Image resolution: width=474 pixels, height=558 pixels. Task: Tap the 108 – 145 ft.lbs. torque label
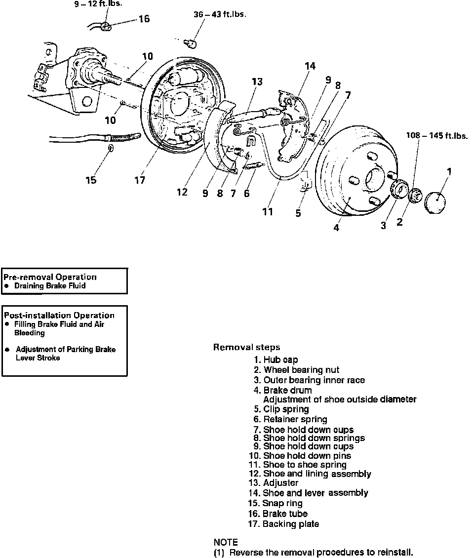point(437,136)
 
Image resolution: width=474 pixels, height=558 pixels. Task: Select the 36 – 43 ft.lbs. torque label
point(220,14)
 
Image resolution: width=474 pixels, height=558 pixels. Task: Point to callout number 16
point(144,19)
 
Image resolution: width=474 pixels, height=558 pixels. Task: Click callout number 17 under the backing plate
point(140,180)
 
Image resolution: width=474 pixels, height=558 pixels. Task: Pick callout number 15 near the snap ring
point(91,180)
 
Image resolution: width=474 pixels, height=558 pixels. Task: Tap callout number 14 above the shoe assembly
point(310,66)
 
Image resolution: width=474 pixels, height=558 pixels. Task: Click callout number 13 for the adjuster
point(257,82)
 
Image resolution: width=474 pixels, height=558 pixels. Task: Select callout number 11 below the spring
point(268,212)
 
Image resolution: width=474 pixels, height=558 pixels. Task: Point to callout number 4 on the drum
point(336,228)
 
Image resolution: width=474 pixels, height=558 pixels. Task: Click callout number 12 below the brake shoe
point(182,192)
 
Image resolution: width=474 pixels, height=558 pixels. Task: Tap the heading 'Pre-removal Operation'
point(50,277)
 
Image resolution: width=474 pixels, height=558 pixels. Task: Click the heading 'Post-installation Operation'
point(59,315)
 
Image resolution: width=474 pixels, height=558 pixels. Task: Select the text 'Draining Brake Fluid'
point(50,286)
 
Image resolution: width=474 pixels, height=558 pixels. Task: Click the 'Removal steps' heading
point(246,347)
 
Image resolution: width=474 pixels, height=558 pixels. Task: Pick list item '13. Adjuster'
point(274,483)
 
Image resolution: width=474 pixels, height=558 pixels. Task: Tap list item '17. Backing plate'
point(283,524)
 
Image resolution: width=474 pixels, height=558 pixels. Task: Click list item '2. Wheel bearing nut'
point(296,370)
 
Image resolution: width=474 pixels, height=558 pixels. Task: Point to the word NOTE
point(226,542)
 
